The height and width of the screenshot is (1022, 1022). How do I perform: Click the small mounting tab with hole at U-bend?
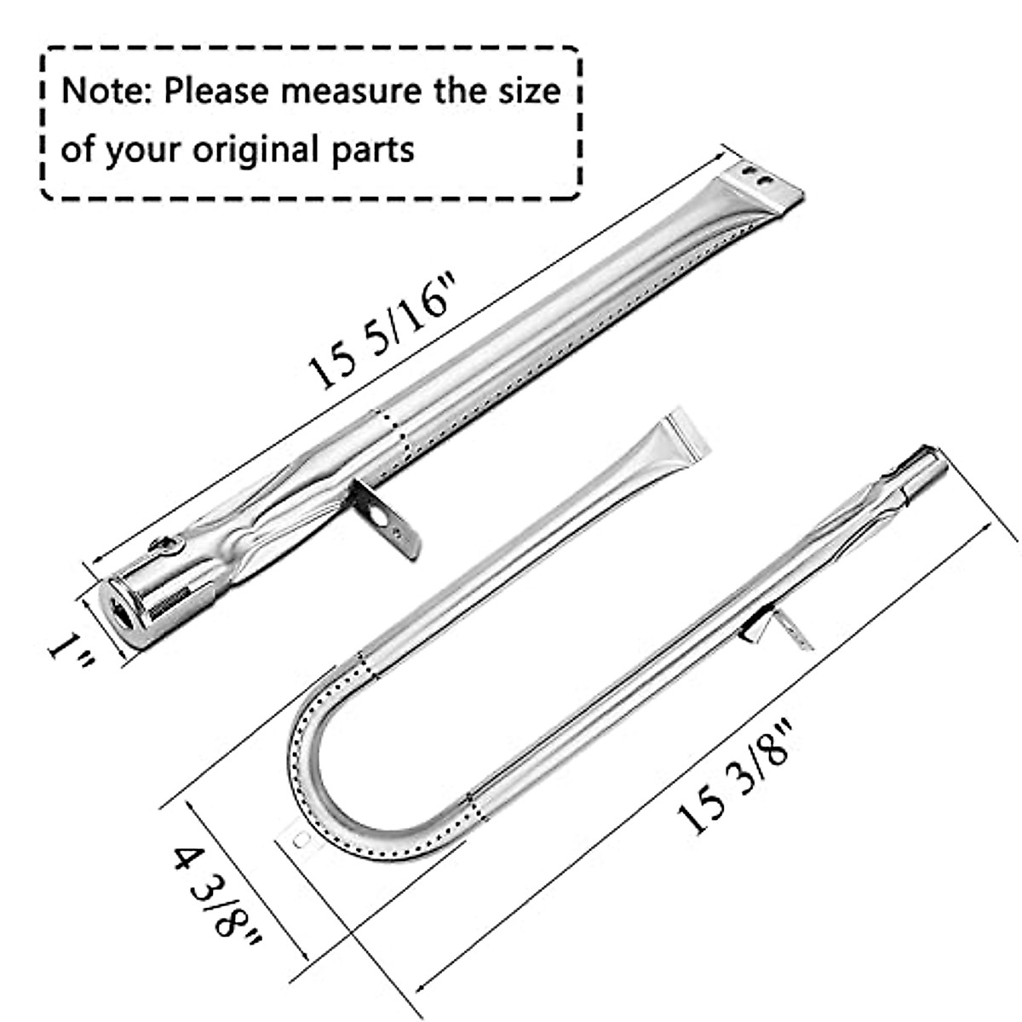(298, 840)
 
